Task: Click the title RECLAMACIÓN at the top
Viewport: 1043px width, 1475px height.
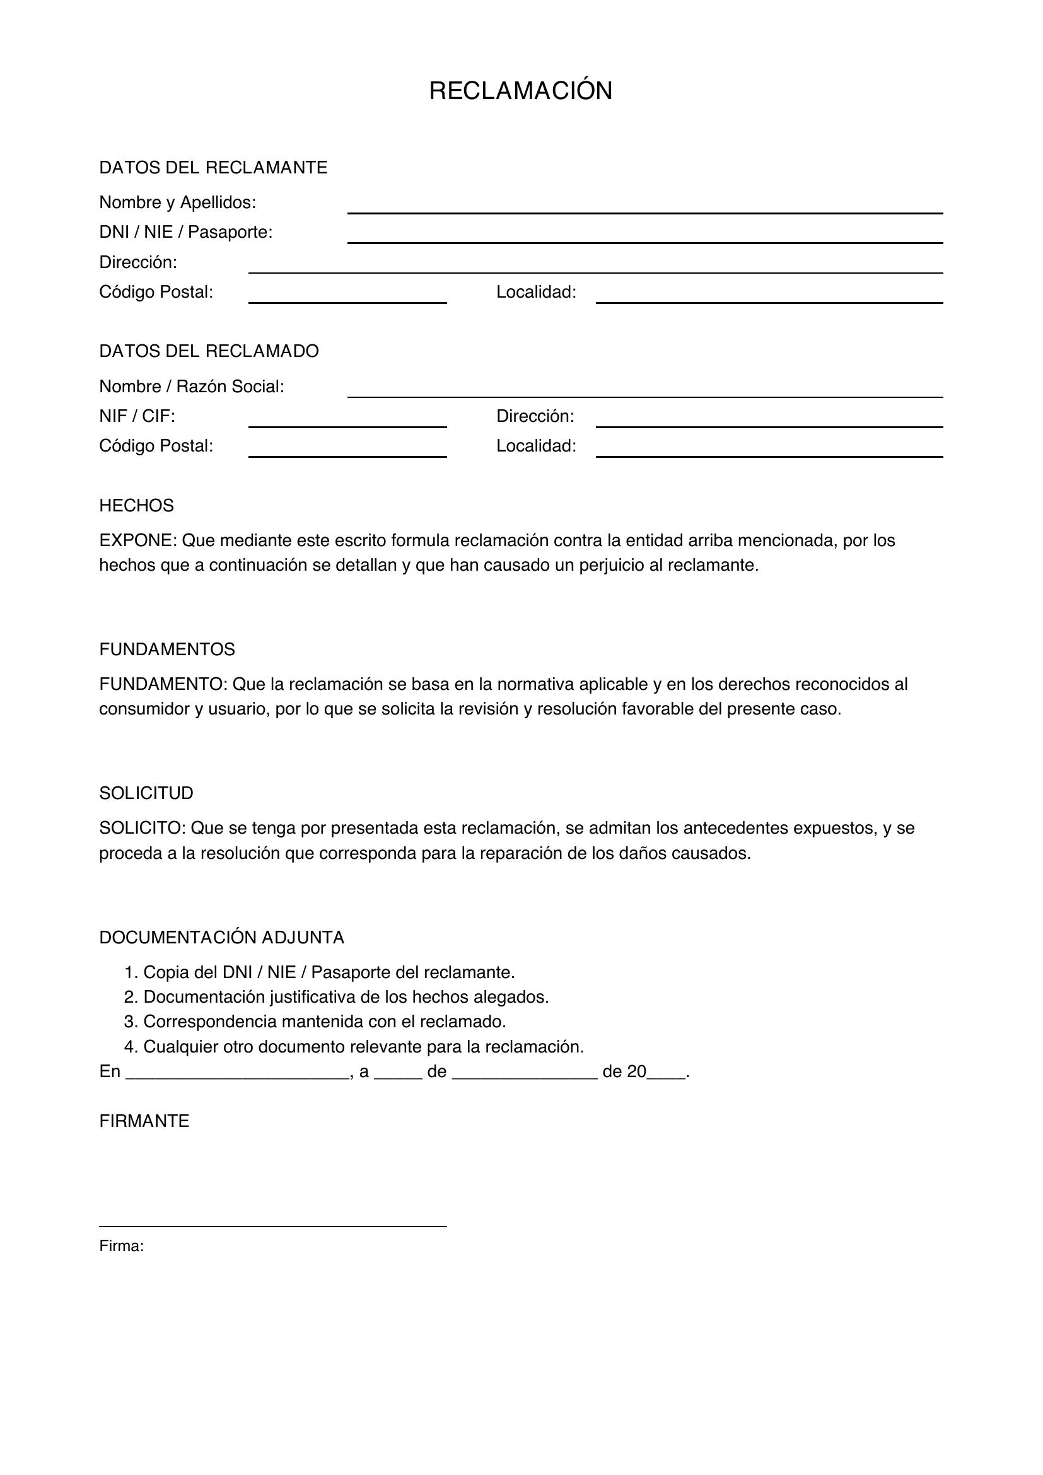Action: pyautogui.click(x=520, y=91)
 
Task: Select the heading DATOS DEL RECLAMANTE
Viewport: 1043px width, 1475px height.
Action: pyautogui.click(x=213, y=168)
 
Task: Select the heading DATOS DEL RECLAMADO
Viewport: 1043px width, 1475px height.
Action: pyautogui.click(x=209, y=351)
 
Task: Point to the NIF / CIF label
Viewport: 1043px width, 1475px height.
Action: pyautogui.click(x=137, y=416)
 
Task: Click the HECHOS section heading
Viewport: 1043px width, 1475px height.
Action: pyautogui.click(x=136, y=506)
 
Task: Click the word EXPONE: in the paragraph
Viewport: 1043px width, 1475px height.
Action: pyautogui.click(x=137, y=540)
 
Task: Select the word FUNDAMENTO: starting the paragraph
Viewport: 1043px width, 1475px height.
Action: pyautogui.click(x=163, y=684)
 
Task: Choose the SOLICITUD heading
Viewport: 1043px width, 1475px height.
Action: pyautogui.click(x=146, y=793)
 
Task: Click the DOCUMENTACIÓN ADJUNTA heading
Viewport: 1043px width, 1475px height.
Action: pyautogui.click(x=221, y=938)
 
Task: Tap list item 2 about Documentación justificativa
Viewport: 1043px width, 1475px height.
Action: pyautogui.click(x=336, y=997)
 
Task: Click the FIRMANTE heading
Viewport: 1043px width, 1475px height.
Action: pyautogui.click(x=144, y=1121)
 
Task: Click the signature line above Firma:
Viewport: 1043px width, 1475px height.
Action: pyautogui.click(x=272, y=1226)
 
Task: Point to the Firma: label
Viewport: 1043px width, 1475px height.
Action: pyautogui.click(x=121, y=1246)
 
